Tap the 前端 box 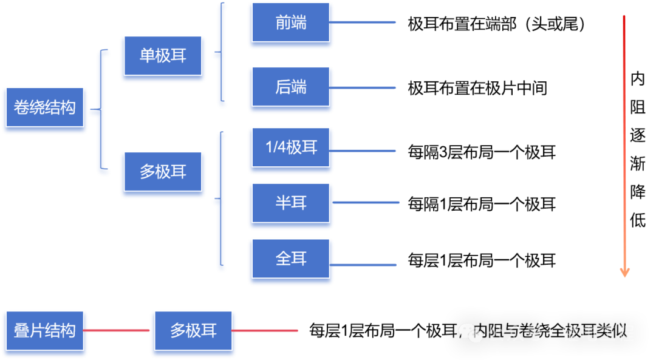pos(291,24)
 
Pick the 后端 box pos(291,89)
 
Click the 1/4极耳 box pos(291,148)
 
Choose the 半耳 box pos(291,203)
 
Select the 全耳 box pos(291,260)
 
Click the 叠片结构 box pos(44,331)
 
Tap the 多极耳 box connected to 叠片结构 pos(194,331)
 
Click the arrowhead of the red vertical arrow pos(624,273)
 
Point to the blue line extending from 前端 pos(364,23)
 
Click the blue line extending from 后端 pos(364,88)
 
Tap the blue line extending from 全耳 pos(364,265)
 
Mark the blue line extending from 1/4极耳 pos(364,151)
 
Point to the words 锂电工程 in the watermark pos(598,333)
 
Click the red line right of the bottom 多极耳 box pos(266,331)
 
